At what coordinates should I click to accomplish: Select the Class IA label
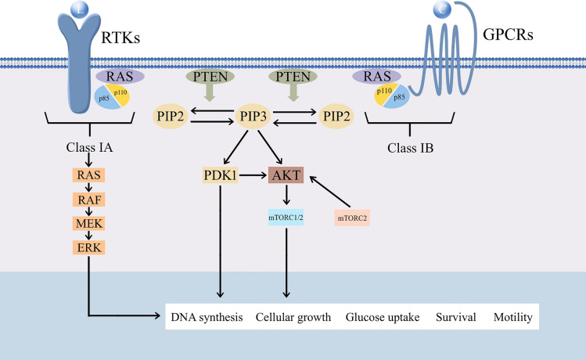pos(89,146)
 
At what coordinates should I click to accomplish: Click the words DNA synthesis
pos(206,318)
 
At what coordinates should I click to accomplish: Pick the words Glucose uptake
pos(383,318)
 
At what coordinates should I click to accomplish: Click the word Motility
pos(512,318)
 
